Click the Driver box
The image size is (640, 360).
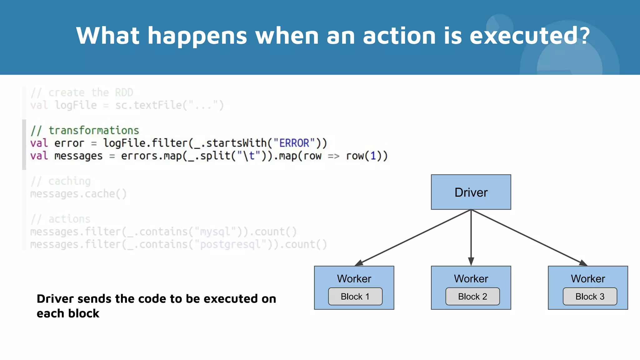(x=471, y=192)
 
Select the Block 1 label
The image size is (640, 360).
(x=355, y=296)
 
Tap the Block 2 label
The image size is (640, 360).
(x=472, y=296)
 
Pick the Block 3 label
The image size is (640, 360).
(x=590, y=296)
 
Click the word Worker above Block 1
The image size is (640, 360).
(x=354, y=278)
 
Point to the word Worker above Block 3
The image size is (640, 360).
(x=588, y=278)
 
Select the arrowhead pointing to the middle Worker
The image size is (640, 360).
(x=471, y=262)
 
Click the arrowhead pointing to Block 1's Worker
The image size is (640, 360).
(x=359, y=263)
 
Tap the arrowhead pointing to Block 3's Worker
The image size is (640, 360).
(x=583, y=263)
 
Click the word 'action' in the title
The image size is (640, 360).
(x=399, y=36)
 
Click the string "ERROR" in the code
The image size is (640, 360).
(x=294, y=143)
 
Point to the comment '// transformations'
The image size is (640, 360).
(x=85, y=130)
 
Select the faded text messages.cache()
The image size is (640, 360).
(x=78, y=194)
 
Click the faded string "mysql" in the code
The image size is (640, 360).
(x=215, y=232)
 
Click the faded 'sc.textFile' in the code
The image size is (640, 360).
(x=148, y=105)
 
